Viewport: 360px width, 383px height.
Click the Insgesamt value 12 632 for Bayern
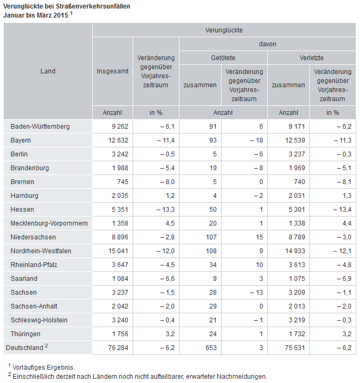coord(118,140)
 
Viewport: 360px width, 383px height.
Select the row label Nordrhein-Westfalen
coord(41,251)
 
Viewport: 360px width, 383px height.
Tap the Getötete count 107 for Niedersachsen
coord(211,237)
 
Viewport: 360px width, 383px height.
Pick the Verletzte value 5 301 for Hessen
coord(297,210)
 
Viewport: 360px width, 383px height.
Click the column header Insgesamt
coord(112,71)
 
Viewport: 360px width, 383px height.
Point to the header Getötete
coord(223,58)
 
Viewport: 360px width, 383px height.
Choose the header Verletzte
coord(312,58)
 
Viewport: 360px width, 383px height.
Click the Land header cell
coord(48,71)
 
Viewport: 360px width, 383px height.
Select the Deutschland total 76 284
coord(118,348)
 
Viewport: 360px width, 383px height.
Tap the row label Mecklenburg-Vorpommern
coord(49,223)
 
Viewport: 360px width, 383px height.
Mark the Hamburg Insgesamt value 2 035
coord(120,196)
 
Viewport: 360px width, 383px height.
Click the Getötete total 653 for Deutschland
coord(211,348)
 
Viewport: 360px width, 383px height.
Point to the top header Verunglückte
coord(224,30)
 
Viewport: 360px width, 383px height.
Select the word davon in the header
coord(267,44)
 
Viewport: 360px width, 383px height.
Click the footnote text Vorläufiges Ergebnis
coord(44,368)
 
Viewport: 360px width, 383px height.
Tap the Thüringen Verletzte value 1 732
coord(297,334)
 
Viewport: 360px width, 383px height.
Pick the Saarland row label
coord(24,279)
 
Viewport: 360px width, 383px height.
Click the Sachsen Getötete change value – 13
coord(257,293)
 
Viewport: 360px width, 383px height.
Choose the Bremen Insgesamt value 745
coord(122,182)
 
